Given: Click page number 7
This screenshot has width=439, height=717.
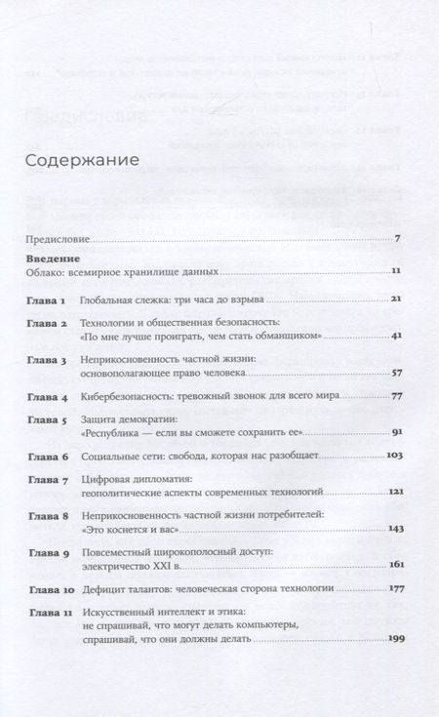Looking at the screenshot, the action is click(398, 238).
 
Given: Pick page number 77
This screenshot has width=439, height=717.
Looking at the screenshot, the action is click(395, 398).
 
